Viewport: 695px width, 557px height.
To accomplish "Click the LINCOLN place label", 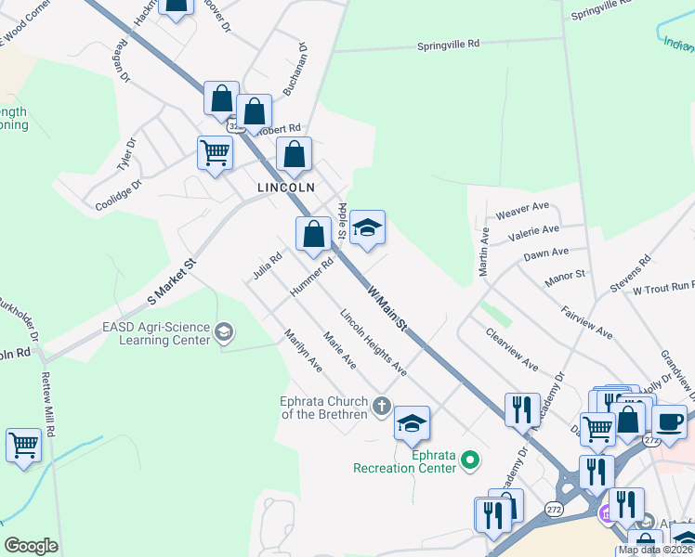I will (x=286, y=187).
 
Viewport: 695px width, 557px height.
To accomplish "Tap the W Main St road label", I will (x=388, y=307).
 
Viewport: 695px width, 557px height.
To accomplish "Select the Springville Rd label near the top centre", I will (x=448, y=44).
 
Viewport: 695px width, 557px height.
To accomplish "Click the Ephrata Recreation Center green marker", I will (x=470, y=458).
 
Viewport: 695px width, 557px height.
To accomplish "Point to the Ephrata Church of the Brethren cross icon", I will (x=381, y=406).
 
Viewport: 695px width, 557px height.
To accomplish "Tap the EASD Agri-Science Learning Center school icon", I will (x=223, y=331).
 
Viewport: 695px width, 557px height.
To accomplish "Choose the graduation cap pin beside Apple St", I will (x=367, y=227).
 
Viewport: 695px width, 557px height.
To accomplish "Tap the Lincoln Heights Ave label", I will (x=374, y=343).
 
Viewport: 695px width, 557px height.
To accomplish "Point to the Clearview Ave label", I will (x=511, y=349).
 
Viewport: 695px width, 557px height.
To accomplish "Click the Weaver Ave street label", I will (x=523, y=210).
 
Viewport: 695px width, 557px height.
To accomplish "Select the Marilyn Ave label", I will (x=303, y=352).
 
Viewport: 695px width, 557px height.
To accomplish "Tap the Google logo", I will (x=31, y=546).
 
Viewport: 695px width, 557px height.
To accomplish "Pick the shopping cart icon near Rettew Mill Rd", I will (x=23, y=445).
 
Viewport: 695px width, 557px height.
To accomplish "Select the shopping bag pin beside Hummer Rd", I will (x=314, y=235).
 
